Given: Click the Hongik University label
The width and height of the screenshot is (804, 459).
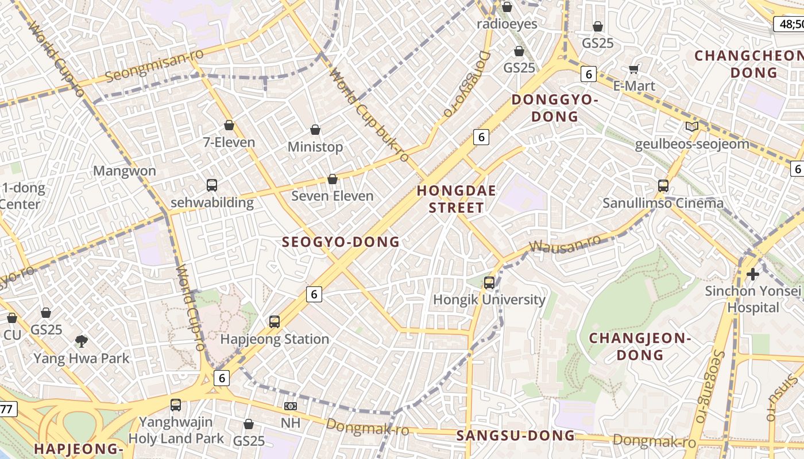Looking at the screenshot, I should [489, 299].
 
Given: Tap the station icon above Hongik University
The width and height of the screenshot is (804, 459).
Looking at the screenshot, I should [489, 282].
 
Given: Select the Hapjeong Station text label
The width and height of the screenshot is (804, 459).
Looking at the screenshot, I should [275, 339].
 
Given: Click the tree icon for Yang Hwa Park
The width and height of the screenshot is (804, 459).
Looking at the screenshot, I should [82, 342].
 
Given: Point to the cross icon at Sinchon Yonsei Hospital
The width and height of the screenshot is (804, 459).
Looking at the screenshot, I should [752, 274].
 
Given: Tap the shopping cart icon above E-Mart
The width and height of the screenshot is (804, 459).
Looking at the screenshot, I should [634, 69].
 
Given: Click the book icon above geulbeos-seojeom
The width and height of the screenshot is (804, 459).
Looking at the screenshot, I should [692, 127].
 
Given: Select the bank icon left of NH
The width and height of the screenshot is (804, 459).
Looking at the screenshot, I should [290, 406].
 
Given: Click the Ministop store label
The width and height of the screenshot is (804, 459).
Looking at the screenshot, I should [315, 147].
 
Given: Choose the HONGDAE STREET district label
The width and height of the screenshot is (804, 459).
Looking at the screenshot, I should [457, 199].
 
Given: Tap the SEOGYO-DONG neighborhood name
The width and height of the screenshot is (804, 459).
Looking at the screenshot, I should [341, 242].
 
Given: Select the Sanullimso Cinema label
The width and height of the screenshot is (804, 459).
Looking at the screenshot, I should [663, 203].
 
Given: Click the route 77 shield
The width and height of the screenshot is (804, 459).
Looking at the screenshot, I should [7, 409].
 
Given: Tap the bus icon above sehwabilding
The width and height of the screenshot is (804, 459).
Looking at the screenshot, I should [212, 185].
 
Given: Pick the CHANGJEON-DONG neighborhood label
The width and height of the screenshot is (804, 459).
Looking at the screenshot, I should [640, 346].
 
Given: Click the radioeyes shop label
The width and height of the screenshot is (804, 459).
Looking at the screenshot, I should [507, 24].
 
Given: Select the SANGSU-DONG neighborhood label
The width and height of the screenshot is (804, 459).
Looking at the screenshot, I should [515, 435].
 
